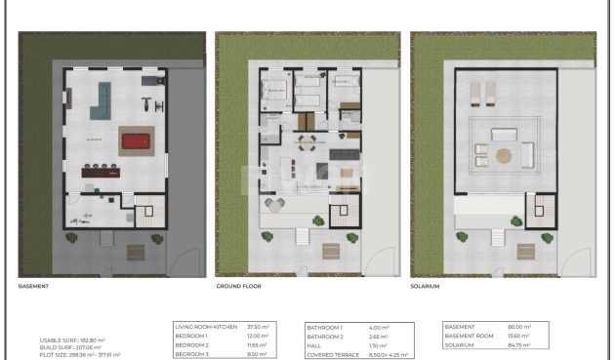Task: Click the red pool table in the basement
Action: (136, 140)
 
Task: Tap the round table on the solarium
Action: (504, 154)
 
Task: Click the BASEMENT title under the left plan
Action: (34, 287)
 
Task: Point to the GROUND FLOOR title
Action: (238, 287)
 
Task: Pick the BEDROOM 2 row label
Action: (192, 345)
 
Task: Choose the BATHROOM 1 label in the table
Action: (324, 327)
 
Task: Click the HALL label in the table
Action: (314, 345)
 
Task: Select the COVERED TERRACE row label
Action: (332, 354)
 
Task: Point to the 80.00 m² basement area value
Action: (518, 327)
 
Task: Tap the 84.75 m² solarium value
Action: (518, 345)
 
